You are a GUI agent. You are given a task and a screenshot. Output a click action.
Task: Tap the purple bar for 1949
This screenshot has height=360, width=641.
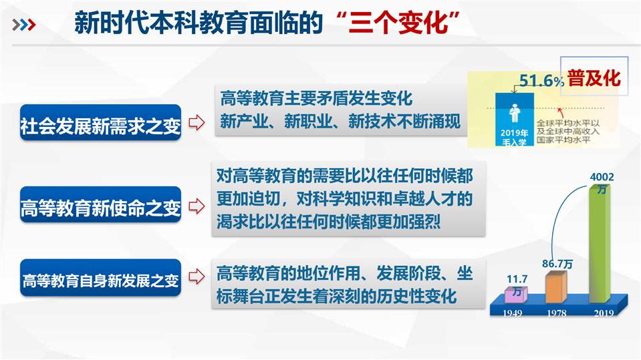click(516, 295)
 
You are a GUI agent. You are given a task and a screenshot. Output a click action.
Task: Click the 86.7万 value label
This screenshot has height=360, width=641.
click(557, 264)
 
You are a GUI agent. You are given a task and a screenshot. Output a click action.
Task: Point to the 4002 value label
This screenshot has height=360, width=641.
click(602, 177)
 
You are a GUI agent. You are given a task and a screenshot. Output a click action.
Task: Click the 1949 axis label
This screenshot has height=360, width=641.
click(512, 313)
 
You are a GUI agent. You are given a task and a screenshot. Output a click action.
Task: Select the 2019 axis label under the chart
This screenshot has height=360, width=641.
click(604, 313)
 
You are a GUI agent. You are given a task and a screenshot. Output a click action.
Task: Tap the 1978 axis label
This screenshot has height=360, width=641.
click(557, 313)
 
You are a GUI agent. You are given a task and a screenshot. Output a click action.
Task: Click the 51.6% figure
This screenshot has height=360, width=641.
click(541, 81)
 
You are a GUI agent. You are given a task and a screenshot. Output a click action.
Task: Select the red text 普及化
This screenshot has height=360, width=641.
click(594, 77)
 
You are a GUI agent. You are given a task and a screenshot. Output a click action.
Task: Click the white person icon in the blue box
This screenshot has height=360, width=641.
click(515, 113)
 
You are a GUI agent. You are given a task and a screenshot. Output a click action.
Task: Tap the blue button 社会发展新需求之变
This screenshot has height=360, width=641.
click(100, 123)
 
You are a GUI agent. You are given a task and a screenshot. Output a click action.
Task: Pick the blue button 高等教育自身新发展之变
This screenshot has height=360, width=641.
click(100, 277)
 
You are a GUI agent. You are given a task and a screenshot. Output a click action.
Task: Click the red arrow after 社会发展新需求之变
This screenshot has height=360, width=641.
click(197, 122)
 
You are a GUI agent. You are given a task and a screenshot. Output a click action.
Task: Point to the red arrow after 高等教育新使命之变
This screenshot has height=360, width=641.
click(197, 206)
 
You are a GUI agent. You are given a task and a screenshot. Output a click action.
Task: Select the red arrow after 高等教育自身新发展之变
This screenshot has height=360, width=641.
click(197, 277)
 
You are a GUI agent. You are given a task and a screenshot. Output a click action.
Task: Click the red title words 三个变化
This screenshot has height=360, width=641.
click(398, 23)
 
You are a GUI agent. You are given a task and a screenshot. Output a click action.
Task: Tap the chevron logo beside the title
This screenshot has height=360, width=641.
click(24, 25)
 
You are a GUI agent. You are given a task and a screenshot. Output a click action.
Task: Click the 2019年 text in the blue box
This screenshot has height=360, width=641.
click(514, 133)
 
